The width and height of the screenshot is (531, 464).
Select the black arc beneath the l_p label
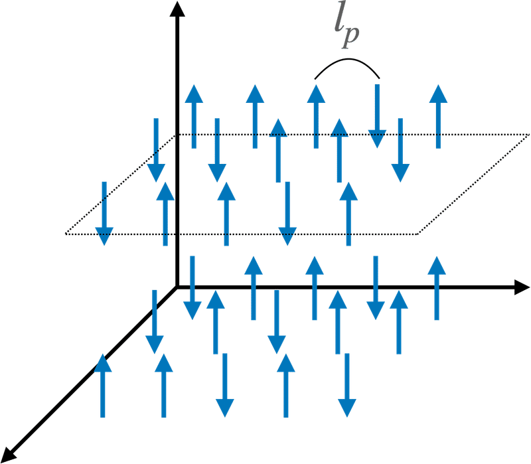[x=347, y=60]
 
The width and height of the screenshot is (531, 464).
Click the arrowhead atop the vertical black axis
[x=177, y=9]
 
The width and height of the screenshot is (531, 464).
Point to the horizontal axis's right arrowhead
[x=522, y=287]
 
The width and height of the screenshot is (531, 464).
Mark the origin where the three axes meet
[x=177, y=287]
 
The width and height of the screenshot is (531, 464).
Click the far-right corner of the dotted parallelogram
[x=528, y=135]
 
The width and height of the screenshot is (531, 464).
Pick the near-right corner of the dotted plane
[x=417, y=234]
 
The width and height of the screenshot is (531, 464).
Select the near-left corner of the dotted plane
[x=65, y=234]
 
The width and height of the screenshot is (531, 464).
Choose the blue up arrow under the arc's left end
[x=316, y=116]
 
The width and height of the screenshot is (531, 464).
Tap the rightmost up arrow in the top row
[x=438, y=116]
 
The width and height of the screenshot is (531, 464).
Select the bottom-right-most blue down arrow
[x=347, y=385]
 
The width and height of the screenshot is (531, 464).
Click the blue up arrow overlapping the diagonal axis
[x=103, y=386]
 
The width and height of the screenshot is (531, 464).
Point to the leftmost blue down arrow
[x=104, y=214]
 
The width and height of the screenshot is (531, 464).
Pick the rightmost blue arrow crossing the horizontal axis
[x=437, y=288]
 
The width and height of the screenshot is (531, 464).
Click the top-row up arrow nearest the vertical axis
[x=194, y=116]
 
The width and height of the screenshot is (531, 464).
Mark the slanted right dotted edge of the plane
[x=473, y=185]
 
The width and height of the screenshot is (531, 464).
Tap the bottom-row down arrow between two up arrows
[x=225, y=385]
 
